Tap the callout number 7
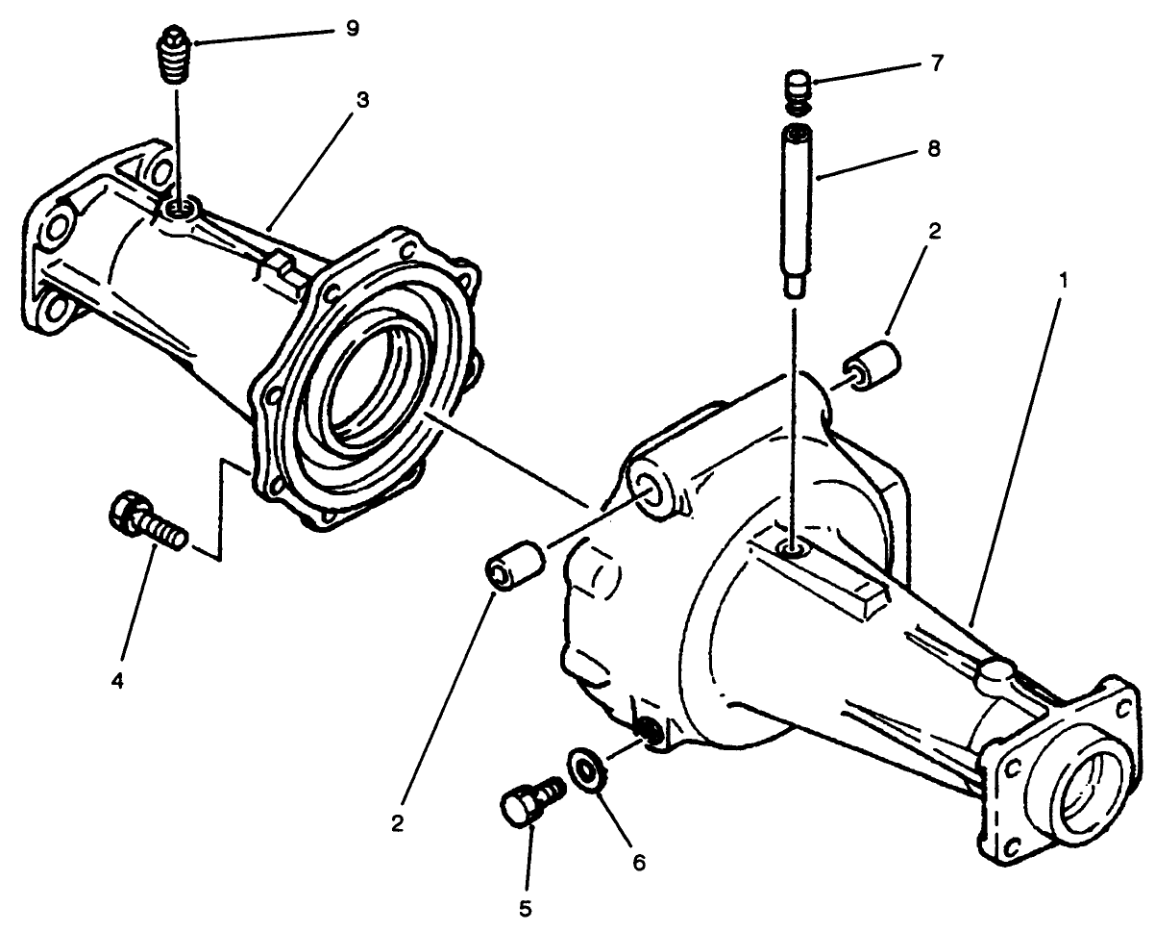point(937,64)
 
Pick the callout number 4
point(117,681)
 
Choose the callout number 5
point(526,907)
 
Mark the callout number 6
point(637,863)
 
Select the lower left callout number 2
point(398,824)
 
